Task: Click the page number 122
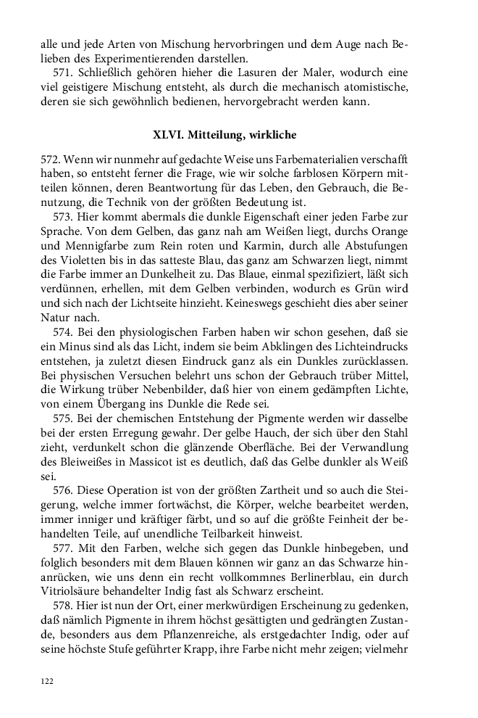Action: pyautogui.click(x=47, y=681)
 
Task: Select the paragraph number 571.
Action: pyautogui.click(x=64, y=73)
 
